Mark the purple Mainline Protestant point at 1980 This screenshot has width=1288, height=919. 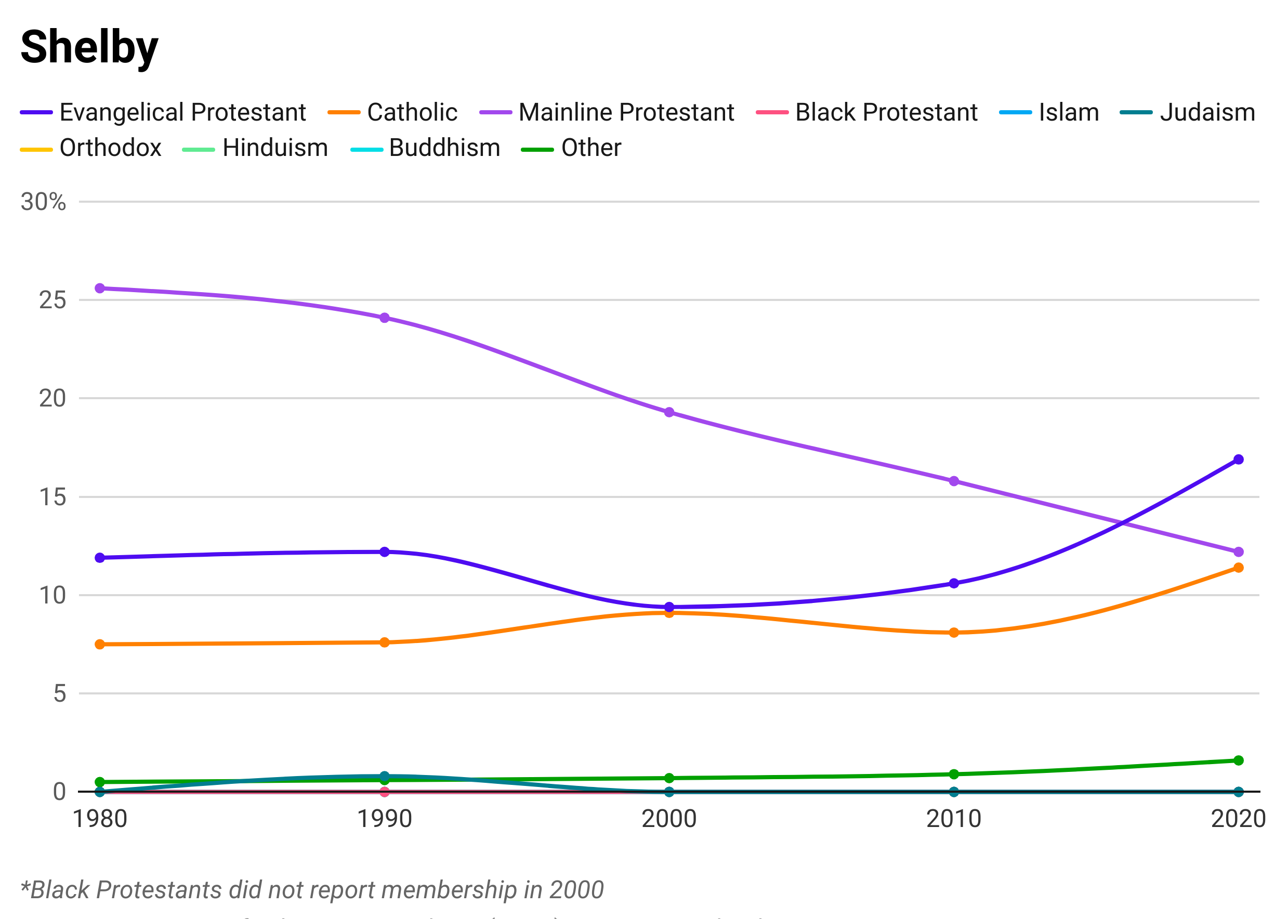click(100, 270)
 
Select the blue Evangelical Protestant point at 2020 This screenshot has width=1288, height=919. click(1238, 454)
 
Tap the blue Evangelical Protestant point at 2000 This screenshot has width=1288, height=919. click(669, 605)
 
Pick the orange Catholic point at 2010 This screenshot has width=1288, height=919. click(954, 638)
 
